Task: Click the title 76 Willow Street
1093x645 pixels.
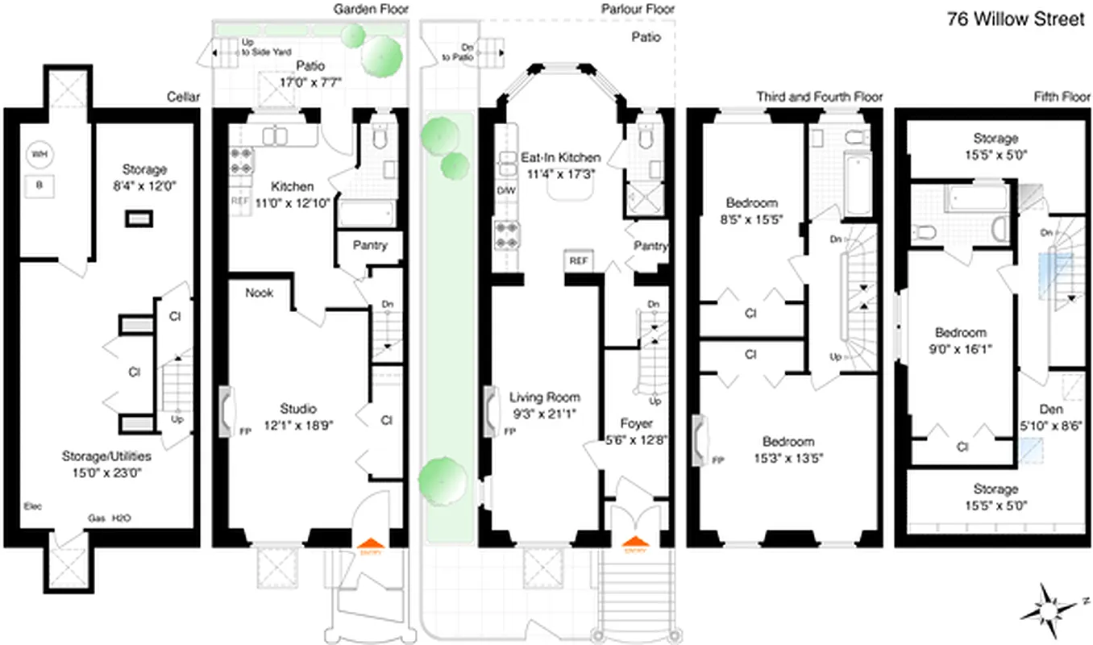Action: coord(1016,19)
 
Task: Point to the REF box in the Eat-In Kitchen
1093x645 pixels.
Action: coord(577,261)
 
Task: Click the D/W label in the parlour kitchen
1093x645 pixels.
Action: coord(507,190)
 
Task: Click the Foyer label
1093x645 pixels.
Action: coord(636,423)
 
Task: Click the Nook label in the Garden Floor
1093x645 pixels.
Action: coord(260,293)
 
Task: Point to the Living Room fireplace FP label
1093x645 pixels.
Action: coord(509,431)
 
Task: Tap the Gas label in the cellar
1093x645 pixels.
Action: coord(96,518)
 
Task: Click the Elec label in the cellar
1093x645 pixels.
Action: coord(33,506)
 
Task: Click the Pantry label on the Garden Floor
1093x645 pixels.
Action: coord(370,245)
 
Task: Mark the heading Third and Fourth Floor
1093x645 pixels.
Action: coord(819,97)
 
